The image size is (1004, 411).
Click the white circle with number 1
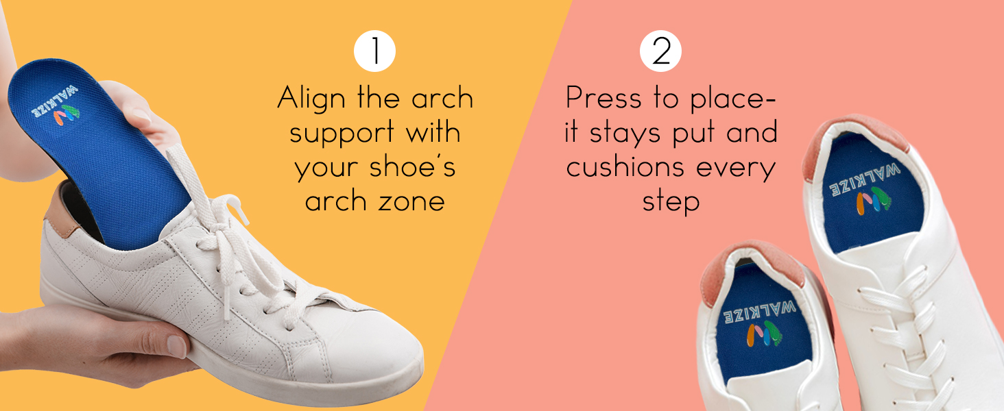pyautogui.click(x=374, y=51)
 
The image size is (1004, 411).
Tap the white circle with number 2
pyautogui.click(x=660, y=51)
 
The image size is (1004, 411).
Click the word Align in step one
pyautogui.click(x=311, y=99)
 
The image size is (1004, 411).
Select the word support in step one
pyautogui.click(x=342, y=134)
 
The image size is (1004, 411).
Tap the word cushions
pyautogui.click(x=625, y=166)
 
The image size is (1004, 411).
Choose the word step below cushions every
pyautogui.click(x=671, y=202)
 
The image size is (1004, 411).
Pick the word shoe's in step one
pyautogui.click(x=412, y=166)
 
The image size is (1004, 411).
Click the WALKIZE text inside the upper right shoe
pyautogui.click(x=863, y=179)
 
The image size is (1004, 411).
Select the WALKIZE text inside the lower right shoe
pyautogui.click(x=760, y=312)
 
